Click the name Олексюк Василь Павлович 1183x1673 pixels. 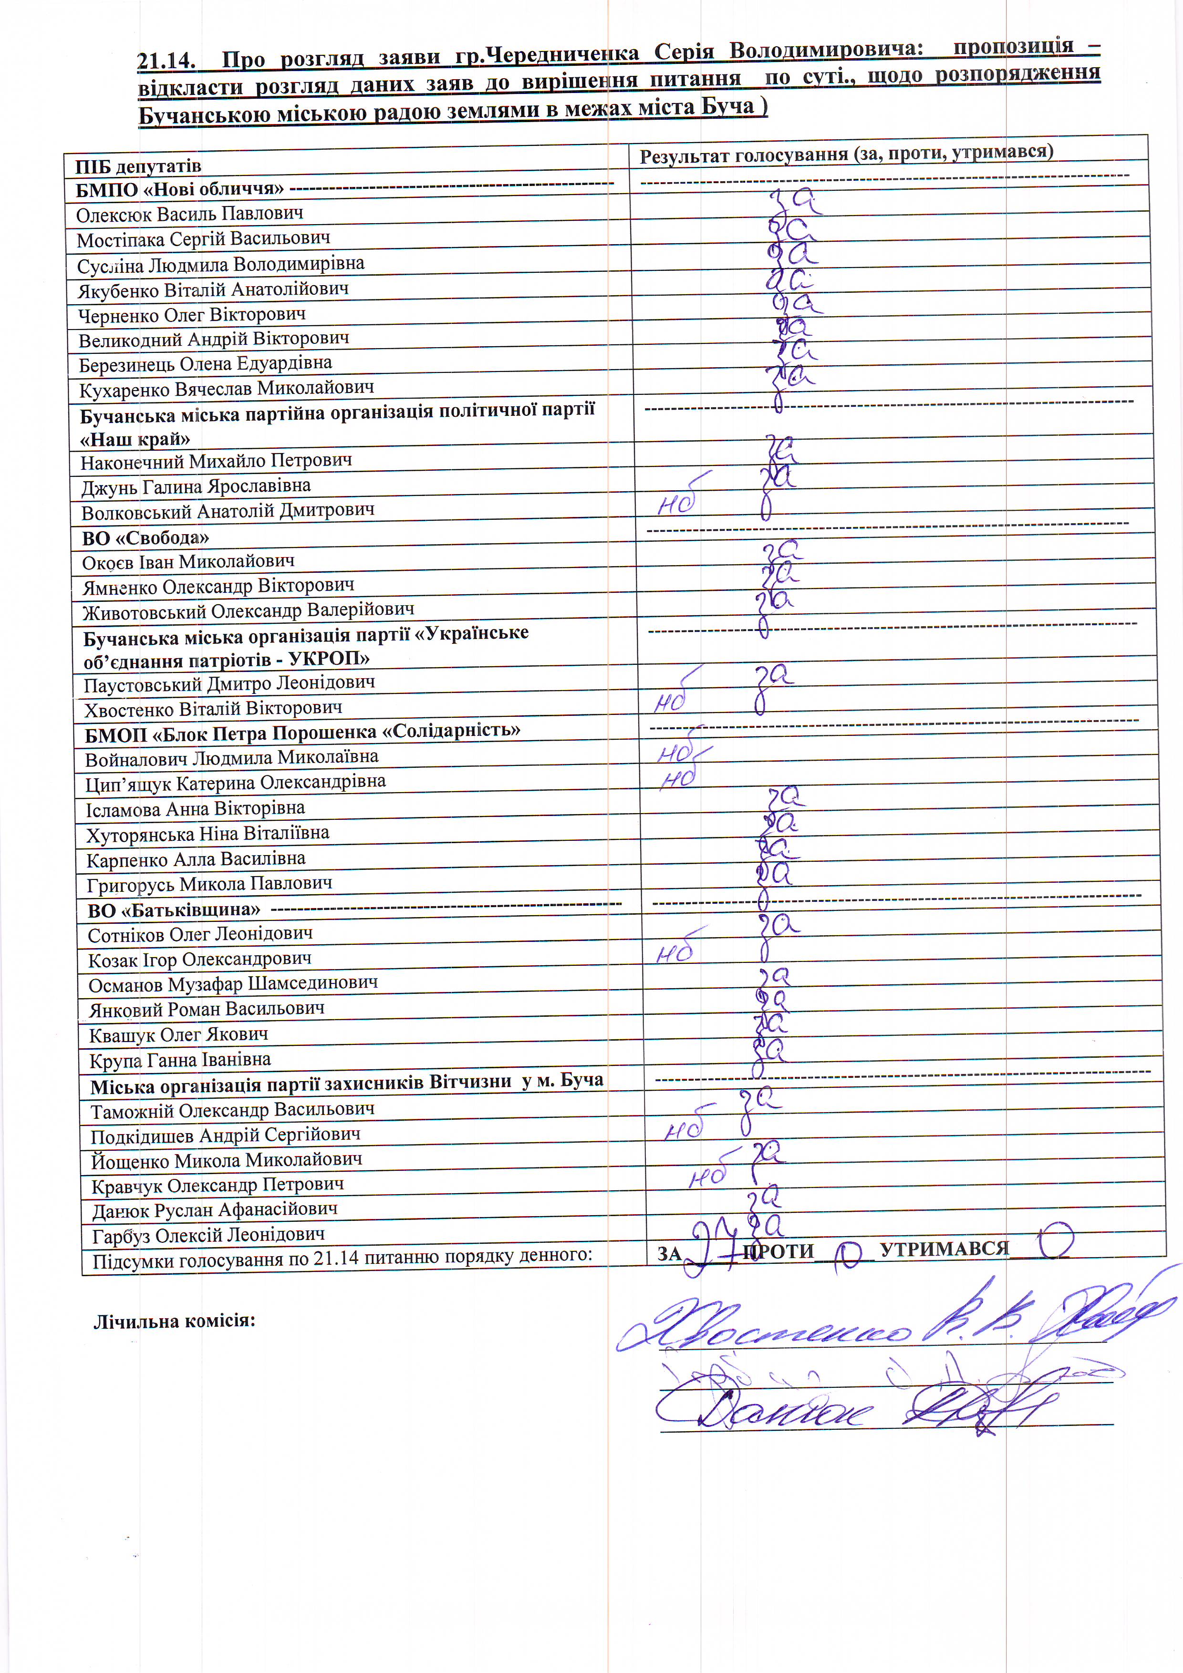(x=189, y=214)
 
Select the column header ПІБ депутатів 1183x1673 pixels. (x=138, y=166)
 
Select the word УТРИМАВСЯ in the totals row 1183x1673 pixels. (x=944, y=1248)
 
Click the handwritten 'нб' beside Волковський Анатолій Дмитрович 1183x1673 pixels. (x=678, y=503)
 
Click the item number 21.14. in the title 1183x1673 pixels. (x=166, y=60)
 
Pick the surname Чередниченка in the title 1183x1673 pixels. (x=561, y=54)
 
